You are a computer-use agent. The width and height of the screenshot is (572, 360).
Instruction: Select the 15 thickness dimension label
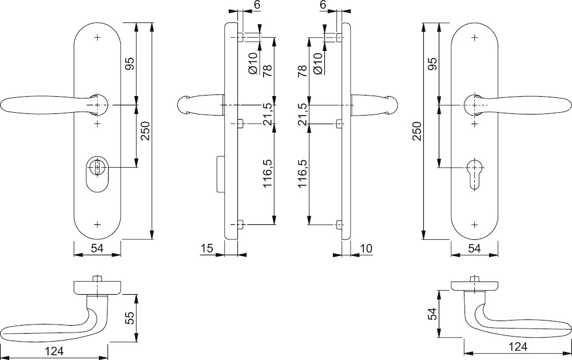coord(206,248)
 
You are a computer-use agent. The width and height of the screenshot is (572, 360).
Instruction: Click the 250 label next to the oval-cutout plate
coord(144,133)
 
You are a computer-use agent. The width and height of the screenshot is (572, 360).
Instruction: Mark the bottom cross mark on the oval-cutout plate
coord(97,224)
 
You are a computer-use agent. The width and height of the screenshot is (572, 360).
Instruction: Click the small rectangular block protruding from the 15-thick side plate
coord(219,174)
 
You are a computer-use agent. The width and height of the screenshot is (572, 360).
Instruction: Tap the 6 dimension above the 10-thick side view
coord(323,5)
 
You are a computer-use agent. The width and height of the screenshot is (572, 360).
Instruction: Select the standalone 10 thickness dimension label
coord(366,248)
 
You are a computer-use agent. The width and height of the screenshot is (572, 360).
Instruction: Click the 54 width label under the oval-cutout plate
coord(97,248)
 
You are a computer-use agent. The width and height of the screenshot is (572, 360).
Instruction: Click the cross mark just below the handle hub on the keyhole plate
coord(475,122)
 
